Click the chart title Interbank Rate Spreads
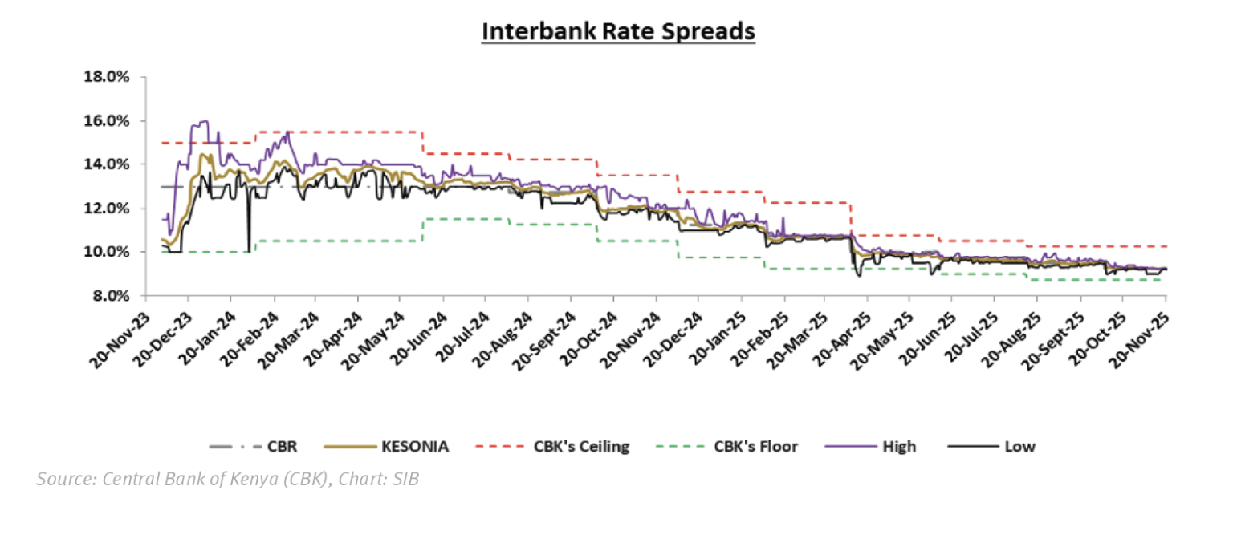pyautogui.click(x=618, y=31)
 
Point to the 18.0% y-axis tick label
pyautogui.click(x=106, y=77)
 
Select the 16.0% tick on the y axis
pyautogui.click(x=106, y=121)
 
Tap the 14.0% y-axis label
pyautogui.click(x=106, y=164)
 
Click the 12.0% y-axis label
pyautogui.click(x=106, y=209)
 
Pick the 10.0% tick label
pyautogui.click(x=106, y=252)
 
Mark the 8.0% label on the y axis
pyautogui.click(x=108, y=296)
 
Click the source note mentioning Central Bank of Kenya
pyautogui.click(x=227, y=480)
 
